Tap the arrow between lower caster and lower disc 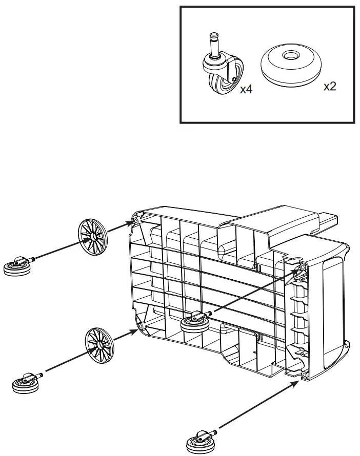tap(64, 363)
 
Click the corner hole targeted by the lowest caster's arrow tap(305, 376)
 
